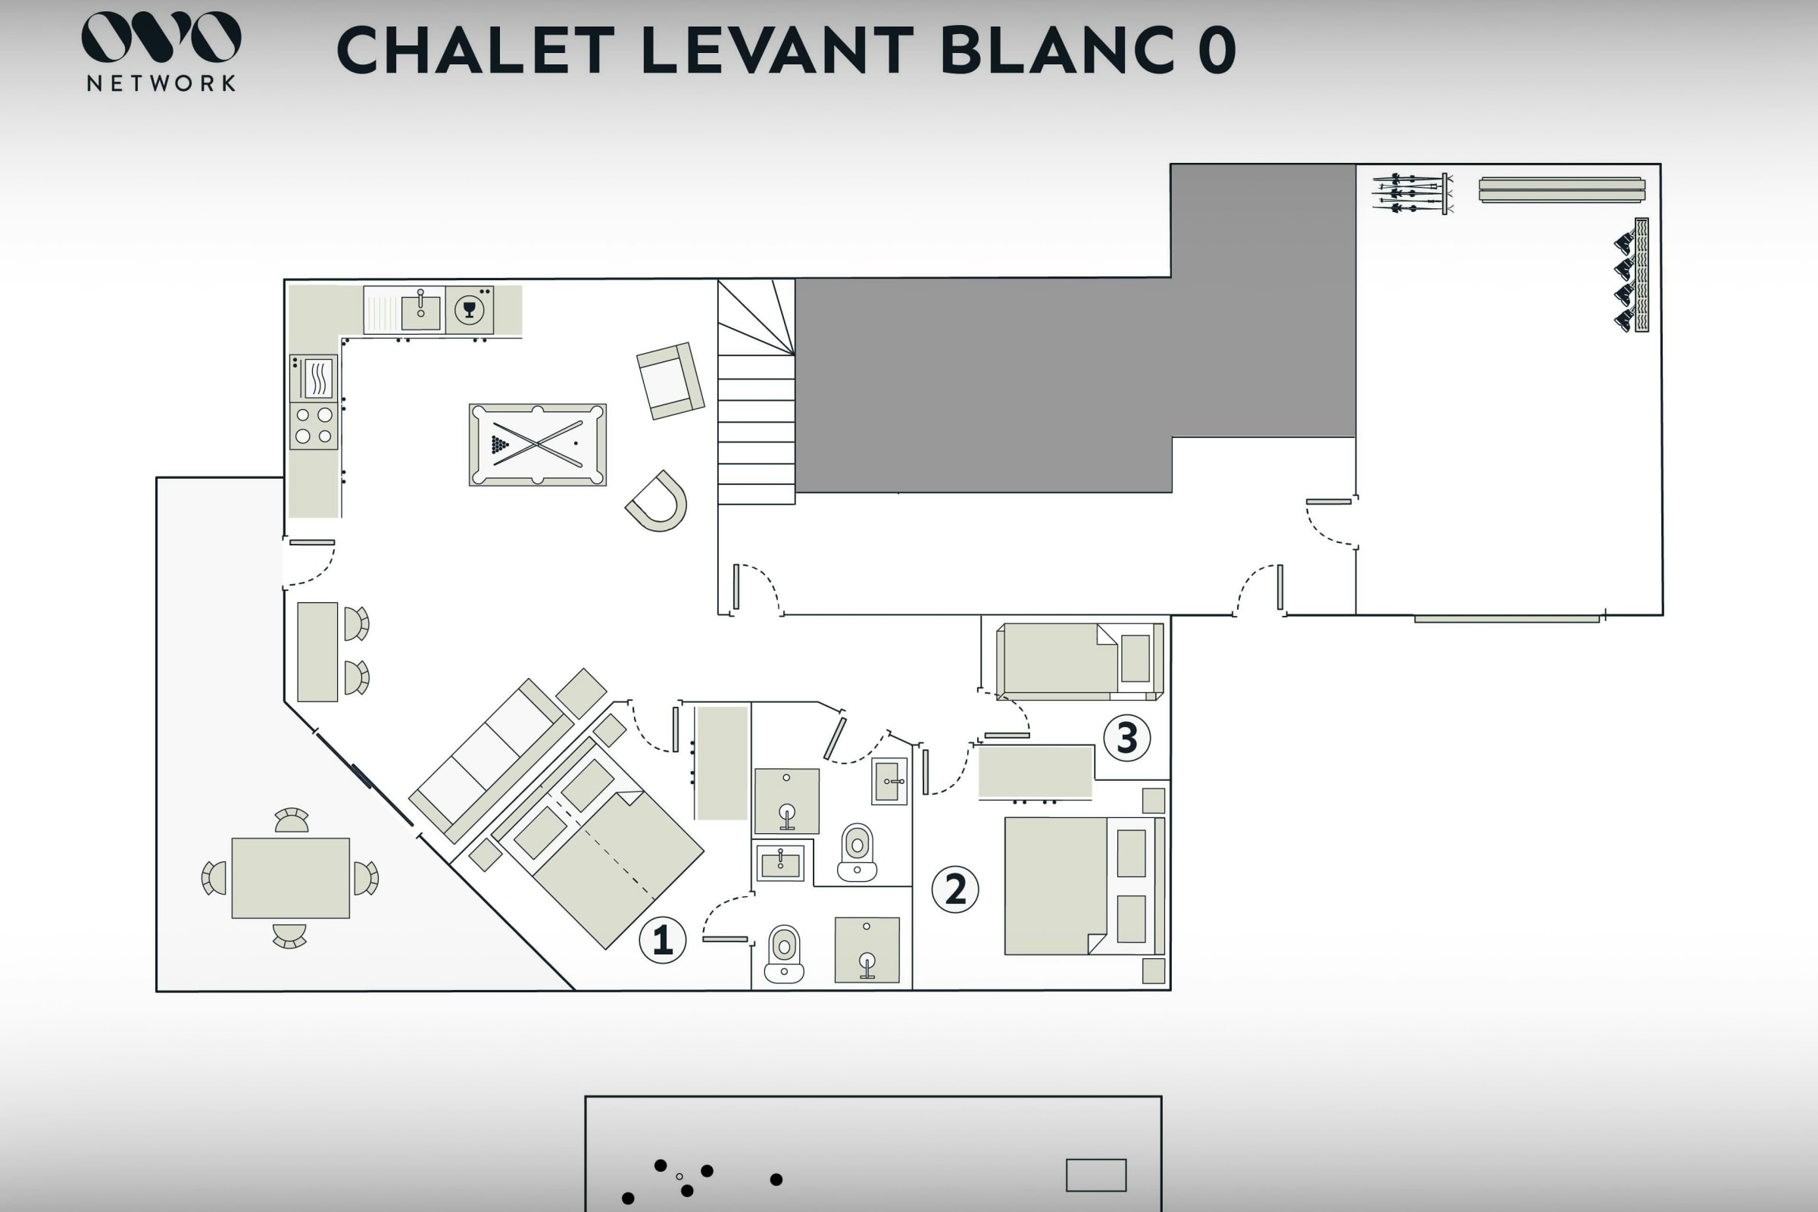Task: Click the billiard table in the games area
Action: click(537, 445)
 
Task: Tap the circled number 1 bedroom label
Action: click(662, 940)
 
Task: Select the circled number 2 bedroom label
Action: click(954, 889)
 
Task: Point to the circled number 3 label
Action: click(1126, 737)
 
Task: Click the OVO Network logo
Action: click(161, 51)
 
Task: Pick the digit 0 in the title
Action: click(1217, 50)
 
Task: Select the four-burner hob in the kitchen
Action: click(313, 425)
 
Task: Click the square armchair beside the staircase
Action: click(670, 381)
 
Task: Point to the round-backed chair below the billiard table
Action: click(657, 502)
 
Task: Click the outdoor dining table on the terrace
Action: click(291, 878)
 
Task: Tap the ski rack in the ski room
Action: click(1411, 193)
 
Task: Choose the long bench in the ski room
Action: click(1562, 190)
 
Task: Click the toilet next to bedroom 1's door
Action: click(784, 954)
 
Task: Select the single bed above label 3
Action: click(1080, 661)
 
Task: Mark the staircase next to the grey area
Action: click(756, 392)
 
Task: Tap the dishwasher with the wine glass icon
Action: click(469, 310)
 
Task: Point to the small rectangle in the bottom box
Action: click(1096, 1175)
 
